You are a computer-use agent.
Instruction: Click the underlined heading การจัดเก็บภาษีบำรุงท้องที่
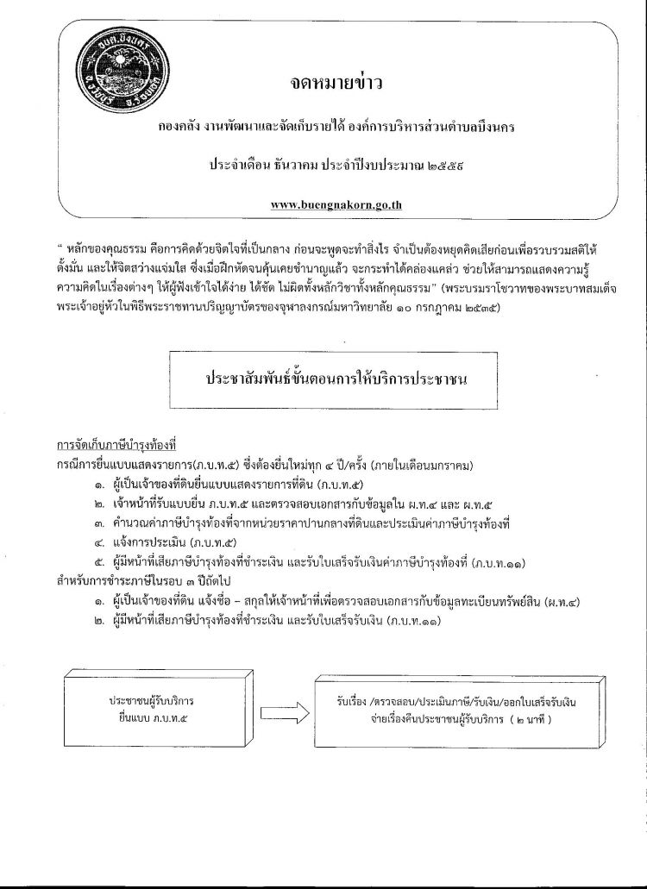pyautogui.click(x=116, y=447)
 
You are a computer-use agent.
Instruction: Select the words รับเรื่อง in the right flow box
pyautogui.click(x=356, y=702)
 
